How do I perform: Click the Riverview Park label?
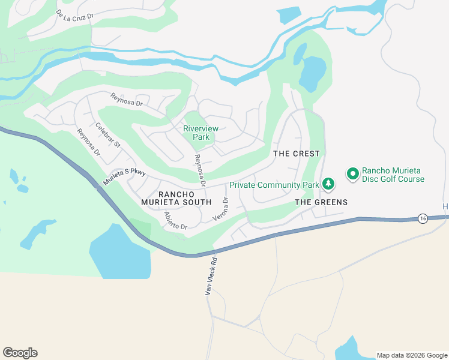pyautogui.click(x=201, y=133)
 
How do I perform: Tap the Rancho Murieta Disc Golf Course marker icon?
pyautogui.click(x=352, y=174)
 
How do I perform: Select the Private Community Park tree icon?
pyautogui.click(x=328, y=184)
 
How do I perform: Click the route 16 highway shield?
pyautogui.click(x=423, y=218)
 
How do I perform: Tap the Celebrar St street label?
pyautogui.click(x=108, y=136)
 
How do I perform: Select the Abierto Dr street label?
pyautogui.click(x=176, y=222)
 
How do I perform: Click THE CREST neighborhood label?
pyautogui.click(x=297, y=154)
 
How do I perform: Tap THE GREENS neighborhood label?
pyautogui.click(x=321, y=202)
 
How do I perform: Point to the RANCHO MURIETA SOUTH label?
pyautogui.click(x=185, y=198)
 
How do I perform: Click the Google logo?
pyautogui.click(x=20, y=353)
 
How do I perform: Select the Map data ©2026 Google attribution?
pyautogui.click(x=412, y=355)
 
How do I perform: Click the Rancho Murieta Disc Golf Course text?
pyautogui.click(x=393, y=174)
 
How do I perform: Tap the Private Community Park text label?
pyautogui.click(x=274, y=185)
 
